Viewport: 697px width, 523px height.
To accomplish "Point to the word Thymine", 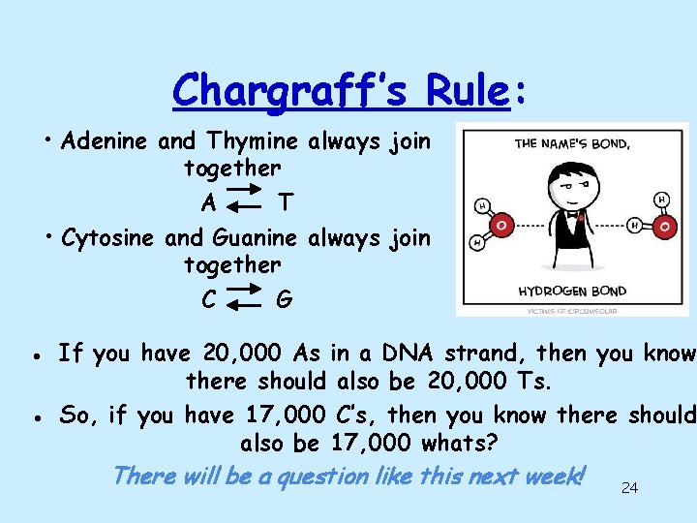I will [x=252, y=141].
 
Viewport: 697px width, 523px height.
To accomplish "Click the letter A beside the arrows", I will [x=208, y=203].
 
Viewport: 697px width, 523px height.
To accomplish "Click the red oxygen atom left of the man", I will [x=501, y=225].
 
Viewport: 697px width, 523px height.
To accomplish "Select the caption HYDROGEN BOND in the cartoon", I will [x=573, y=291].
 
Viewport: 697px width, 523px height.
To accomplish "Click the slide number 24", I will [x=629, y=487].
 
